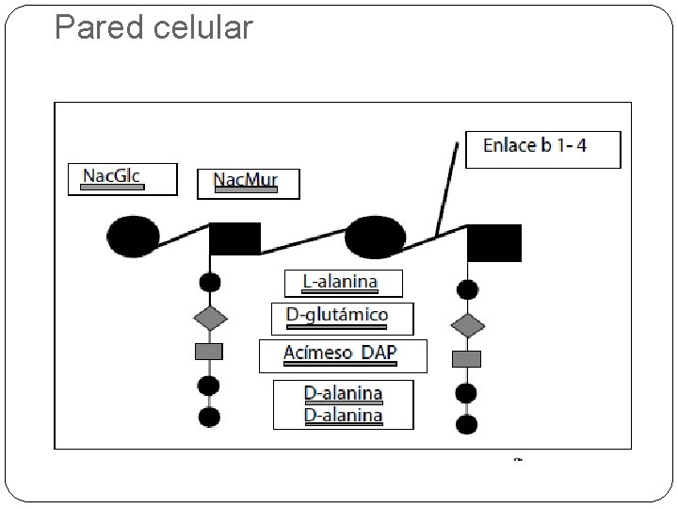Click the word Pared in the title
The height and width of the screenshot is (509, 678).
pyautogui.click(x=99, y=27)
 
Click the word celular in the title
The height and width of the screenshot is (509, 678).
pyautogui.click(x=202, y=27)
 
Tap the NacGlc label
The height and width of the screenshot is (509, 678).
pyautogui.click(x=111, y=176)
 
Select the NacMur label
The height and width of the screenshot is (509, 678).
pyautogui.click(x=246, y=179)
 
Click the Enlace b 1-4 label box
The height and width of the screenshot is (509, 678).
pyautogui.click(x=543, y=150)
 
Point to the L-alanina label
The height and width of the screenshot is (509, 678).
pyautogui.click(x=340, y=282)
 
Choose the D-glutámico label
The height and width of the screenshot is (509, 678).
pyautogui.click(x=337, y=315)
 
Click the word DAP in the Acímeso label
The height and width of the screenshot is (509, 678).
pyautogui.click(x=379, y=353)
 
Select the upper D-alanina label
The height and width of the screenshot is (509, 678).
pyautogui.click(x=344, y=393)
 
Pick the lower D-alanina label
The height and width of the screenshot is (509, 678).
pyautogui.click(x=344, y=416)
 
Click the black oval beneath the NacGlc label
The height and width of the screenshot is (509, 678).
pyautogui.click(x=133, y=237)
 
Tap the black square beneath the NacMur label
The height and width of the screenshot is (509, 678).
pyautogui.click(x=235, y=238)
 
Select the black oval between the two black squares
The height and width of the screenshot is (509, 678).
pyautogui.click(x=375, y=238)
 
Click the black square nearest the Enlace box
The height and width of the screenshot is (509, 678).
pyautogui.click(x=494, y=243)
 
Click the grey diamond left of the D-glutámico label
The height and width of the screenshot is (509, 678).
pyautogui.click(x=210, y=319)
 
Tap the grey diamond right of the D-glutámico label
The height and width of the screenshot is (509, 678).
pyautogui.click(x=467, y=325)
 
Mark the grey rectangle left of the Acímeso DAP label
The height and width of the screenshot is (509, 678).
pyautogui.click(x=209, y=352)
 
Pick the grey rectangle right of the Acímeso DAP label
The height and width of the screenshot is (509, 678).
pyautogui.click(x=466, y=359)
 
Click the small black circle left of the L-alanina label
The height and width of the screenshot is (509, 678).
pyautogui.click(x=210, y=283)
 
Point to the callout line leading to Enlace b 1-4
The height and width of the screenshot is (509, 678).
pyautogui.click(x=446, y=189)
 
